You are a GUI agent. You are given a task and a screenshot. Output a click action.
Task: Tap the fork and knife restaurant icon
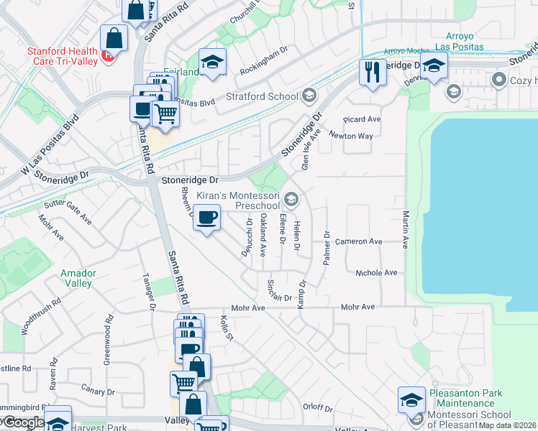coord(373,73)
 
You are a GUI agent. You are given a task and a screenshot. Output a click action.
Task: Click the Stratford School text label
coord(262,96)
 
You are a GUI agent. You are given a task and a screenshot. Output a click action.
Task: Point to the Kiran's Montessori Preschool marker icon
coord(291,198)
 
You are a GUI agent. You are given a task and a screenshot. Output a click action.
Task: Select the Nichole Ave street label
coord(376,273)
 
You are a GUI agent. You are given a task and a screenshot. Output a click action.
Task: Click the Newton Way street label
coord(351,135)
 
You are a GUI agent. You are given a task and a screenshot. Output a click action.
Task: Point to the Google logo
coord(23,422)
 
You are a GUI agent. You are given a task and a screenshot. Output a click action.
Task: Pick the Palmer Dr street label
coord(326,249)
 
